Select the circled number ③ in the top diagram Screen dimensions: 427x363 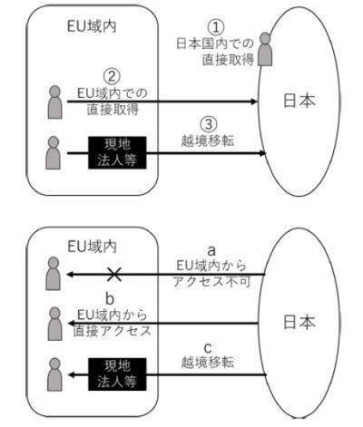pyautogui.click(x=209, y=124)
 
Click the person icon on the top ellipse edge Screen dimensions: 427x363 pyautogui.click(x=265, y=50)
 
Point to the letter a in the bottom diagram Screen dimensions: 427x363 pyautogui.click(x=210, y=247)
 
